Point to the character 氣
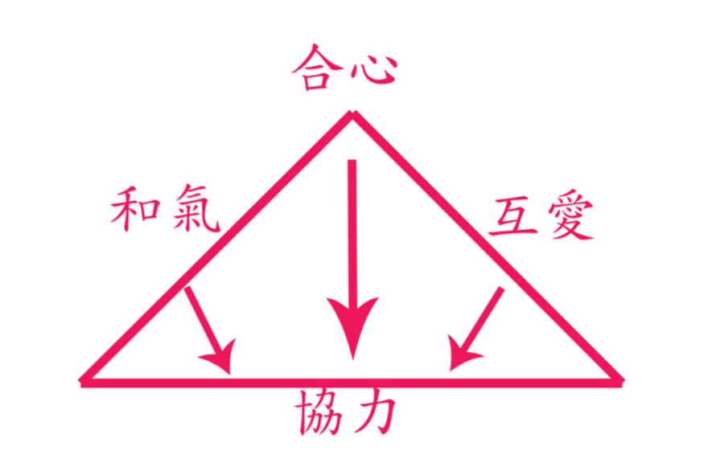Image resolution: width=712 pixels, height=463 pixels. tap(196, 208)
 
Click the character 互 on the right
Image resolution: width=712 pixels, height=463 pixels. tap(514, 217)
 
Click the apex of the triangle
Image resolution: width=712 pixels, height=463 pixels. tap(352, 113)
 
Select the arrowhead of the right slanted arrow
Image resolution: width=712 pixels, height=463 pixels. tap(463, 353)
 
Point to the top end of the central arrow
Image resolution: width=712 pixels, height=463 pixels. tap(352, 161)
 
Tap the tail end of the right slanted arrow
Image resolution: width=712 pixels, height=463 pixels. tap(501, 289)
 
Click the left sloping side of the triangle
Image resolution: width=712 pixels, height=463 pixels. tap(217, 247)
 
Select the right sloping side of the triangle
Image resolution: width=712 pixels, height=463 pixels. tap(488, 247)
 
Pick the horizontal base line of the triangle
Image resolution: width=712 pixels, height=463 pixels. tap(352, 383)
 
